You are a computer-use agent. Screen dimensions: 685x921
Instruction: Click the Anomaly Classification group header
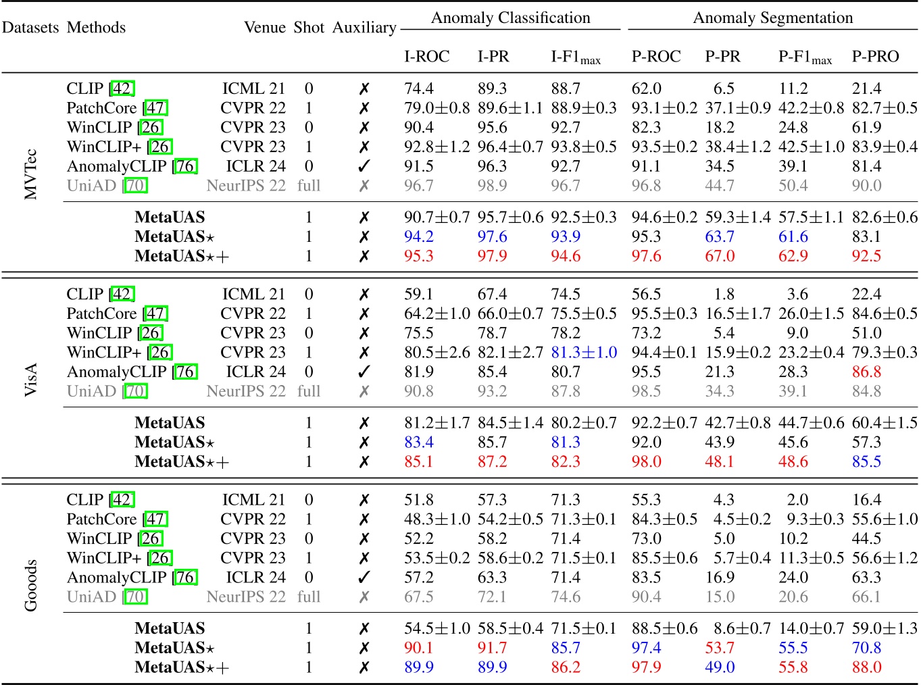[x=510, y=18]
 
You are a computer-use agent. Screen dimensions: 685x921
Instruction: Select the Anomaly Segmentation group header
[x=772, y=18]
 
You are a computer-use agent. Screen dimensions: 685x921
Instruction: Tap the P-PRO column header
[x=875, y=57]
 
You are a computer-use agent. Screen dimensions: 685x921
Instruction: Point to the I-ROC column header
[x=426, y=57]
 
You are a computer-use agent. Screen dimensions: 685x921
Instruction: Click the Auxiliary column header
[x=364, y=28]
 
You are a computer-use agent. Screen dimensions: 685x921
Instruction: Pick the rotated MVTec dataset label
[x=30, y=174]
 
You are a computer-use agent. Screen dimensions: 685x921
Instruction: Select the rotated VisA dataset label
[x=30, y=380]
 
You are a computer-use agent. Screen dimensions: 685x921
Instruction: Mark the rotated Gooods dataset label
[x=30, y=585]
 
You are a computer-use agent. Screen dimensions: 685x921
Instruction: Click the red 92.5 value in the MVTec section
[x=866, y=256]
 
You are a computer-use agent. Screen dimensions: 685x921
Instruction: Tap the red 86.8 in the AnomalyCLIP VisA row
[x=866, y=372]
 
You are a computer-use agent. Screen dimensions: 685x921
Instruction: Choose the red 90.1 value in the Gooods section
[x=418, y=648]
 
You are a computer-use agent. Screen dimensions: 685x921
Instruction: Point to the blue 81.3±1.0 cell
[x=584, y=353]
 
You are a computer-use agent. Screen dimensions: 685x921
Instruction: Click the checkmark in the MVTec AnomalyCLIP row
[x=364, y=166]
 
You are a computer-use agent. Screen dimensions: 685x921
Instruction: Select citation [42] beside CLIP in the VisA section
[x=122, y=295]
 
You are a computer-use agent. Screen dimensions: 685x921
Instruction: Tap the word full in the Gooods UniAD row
[x=309, y=597]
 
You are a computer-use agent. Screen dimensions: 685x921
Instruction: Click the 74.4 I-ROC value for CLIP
[x=418, y=88]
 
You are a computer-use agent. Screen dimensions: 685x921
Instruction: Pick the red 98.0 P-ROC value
[x=646, y=461]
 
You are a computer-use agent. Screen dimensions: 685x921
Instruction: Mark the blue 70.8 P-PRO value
[x=866, y=648]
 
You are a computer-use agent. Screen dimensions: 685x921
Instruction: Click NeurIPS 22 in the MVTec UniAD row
[x=246, y=186]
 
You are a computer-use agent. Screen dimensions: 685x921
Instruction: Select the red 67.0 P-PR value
[x=720, y=256]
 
